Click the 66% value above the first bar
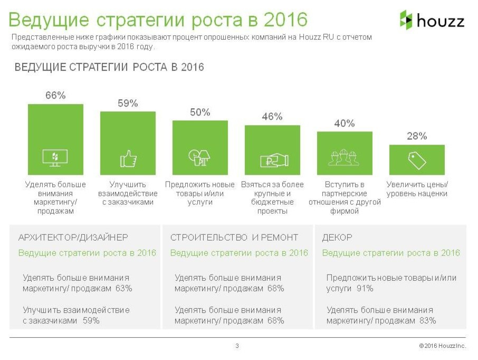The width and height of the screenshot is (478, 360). [x=55, y=96]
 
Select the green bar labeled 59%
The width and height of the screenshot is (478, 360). [x=128, y=143]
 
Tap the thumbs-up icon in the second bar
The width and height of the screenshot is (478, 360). [x=128, y=158]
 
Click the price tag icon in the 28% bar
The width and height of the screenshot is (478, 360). [x=417, y=159]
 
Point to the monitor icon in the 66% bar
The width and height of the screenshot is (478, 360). [x=55, y=158]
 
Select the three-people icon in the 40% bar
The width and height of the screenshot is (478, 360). [x=344, y=158]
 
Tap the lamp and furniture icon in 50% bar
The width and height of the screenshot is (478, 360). [x=200, y=157]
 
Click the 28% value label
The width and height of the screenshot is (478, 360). [x=416, y=136]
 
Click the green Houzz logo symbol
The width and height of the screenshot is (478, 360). [x=406, y=20]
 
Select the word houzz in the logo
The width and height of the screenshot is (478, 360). [x=441, y=21]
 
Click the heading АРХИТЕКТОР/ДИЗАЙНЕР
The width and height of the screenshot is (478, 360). [x=73, y=238]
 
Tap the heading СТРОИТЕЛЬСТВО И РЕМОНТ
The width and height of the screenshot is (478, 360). [x=234, y=238]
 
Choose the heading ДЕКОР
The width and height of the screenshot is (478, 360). [x=337, y=238]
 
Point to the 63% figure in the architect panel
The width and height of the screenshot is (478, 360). [x=123, y=288]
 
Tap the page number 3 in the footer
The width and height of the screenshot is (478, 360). [x=237, y=346]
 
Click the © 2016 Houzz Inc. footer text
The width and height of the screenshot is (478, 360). [x=443, y=346]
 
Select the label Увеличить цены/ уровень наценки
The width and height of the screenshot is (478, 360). [x=417, y=189]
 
